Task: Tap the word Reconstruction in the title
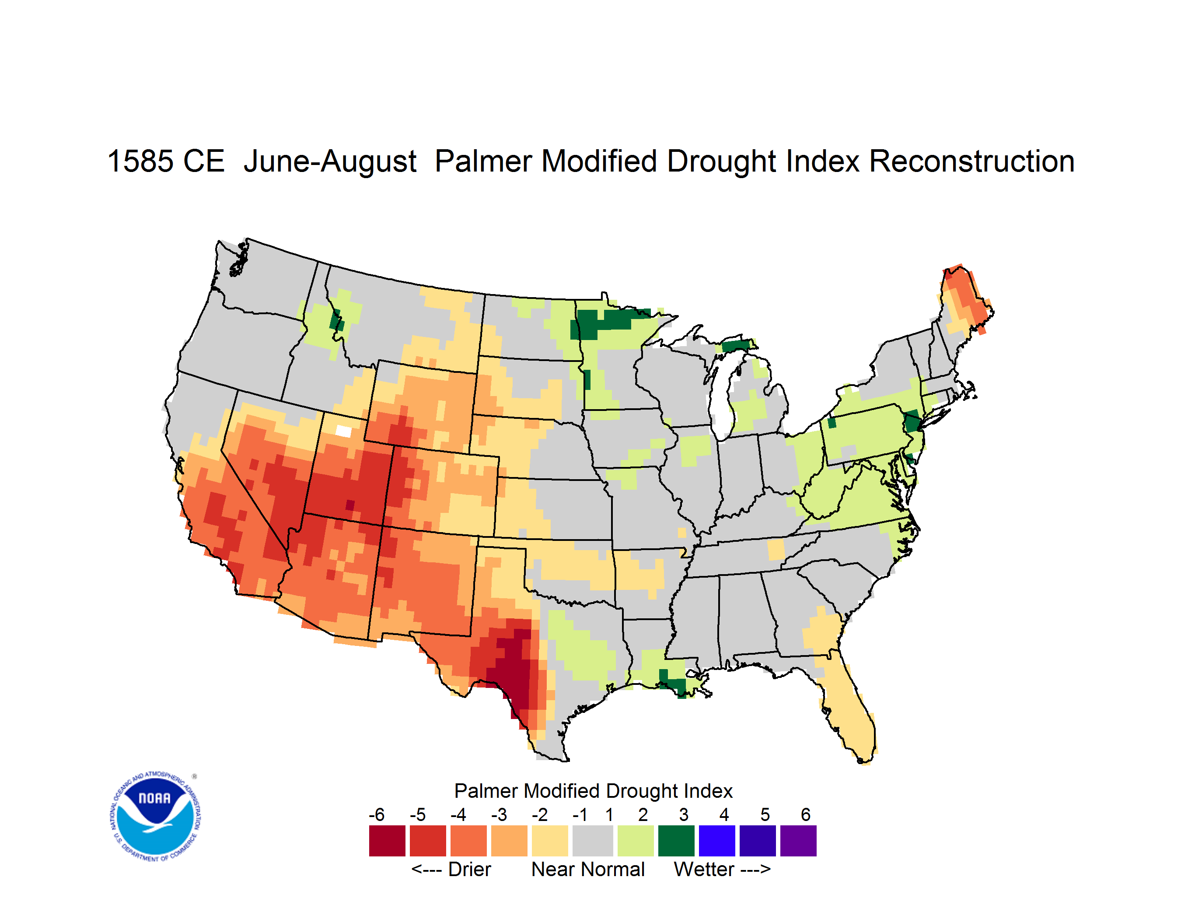972,161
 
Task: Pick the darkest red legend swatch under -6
387,841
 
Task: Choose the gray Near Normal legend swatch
593,841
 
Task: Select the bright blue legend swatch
717,841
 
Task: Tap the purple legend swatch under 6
798,841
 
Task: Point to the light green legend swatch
636,841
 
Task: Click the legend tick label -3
499,814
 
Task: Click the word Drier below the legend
469,869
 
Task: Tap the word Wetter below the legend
704,869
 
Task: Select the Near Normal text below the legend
588,869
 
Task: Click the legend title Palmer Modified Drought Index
593,791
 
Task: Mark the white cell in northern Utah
343,431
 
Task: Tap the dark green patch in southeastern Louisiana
673,683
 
